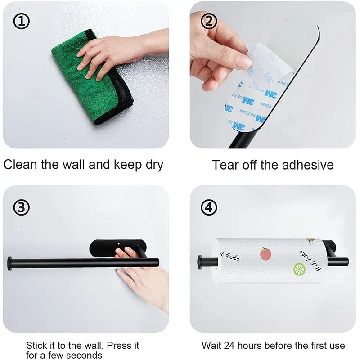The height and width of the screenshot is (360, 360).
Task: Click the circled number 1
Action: point(21,21)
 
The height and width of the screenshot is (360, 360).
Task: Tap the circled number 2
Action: point(208,21)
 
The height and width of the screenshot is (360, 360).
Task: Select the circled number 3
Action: point(21,207)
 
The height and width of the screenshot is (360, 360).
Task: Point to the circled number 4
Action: point(208,207)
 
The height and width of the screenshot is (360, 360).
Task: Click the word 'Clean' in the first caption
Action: point(21,164)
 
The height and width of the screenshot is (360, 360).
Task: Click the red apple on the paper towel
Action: point(265,253)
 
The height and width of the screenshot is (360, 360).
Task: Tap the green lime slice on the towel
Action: point(299,269)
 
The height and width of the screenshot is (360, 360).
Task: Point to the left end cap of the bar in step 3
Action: point(10,262)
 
